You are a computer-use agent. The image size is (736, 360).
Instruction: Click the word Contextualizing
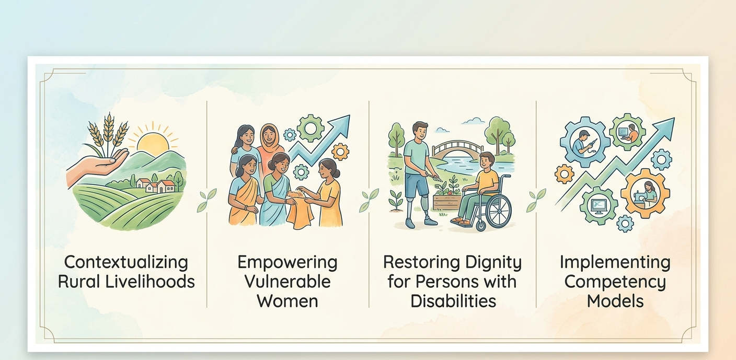pos(126,263)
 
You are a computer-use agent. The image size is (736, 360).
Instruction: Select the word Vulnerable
pos(287,282)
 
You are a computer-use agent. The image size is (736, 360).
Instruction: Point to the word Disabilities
pos(453,301)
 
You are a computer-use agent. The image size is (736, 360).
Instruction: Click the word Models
pos(615,301)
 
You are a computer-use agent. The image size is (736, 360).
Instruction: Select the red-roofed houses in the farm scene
pos(156,185)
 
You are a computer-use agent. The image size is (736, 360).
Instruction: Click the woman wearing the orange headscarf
pos(269,145)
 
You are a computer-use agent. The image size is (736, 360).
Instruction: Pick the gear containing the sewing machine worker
pos(645,193)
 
